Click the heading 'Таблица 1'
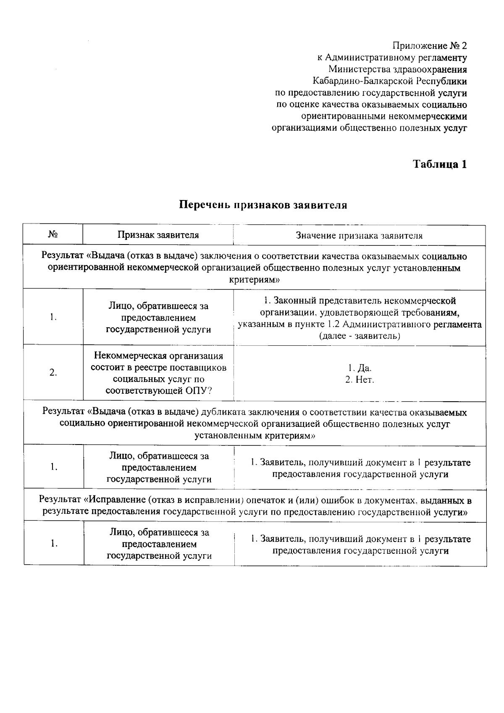pos(440,164)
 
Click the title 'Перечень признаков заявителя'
pos(263,205)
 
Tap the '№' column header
pos(53,234)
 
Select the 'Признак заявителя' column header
pos(158,235)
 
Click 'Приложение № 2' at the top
pos(429,45)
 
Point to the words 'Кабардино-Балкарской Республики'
pos(390,81)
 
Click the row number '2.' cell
pos(53,373)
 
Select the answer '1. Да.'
pos(360,368)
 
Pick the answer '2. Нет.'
pos(360,380)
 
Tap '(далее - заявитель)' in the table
pos(360,336)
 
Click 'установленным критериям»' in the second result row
pos(255,436)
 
